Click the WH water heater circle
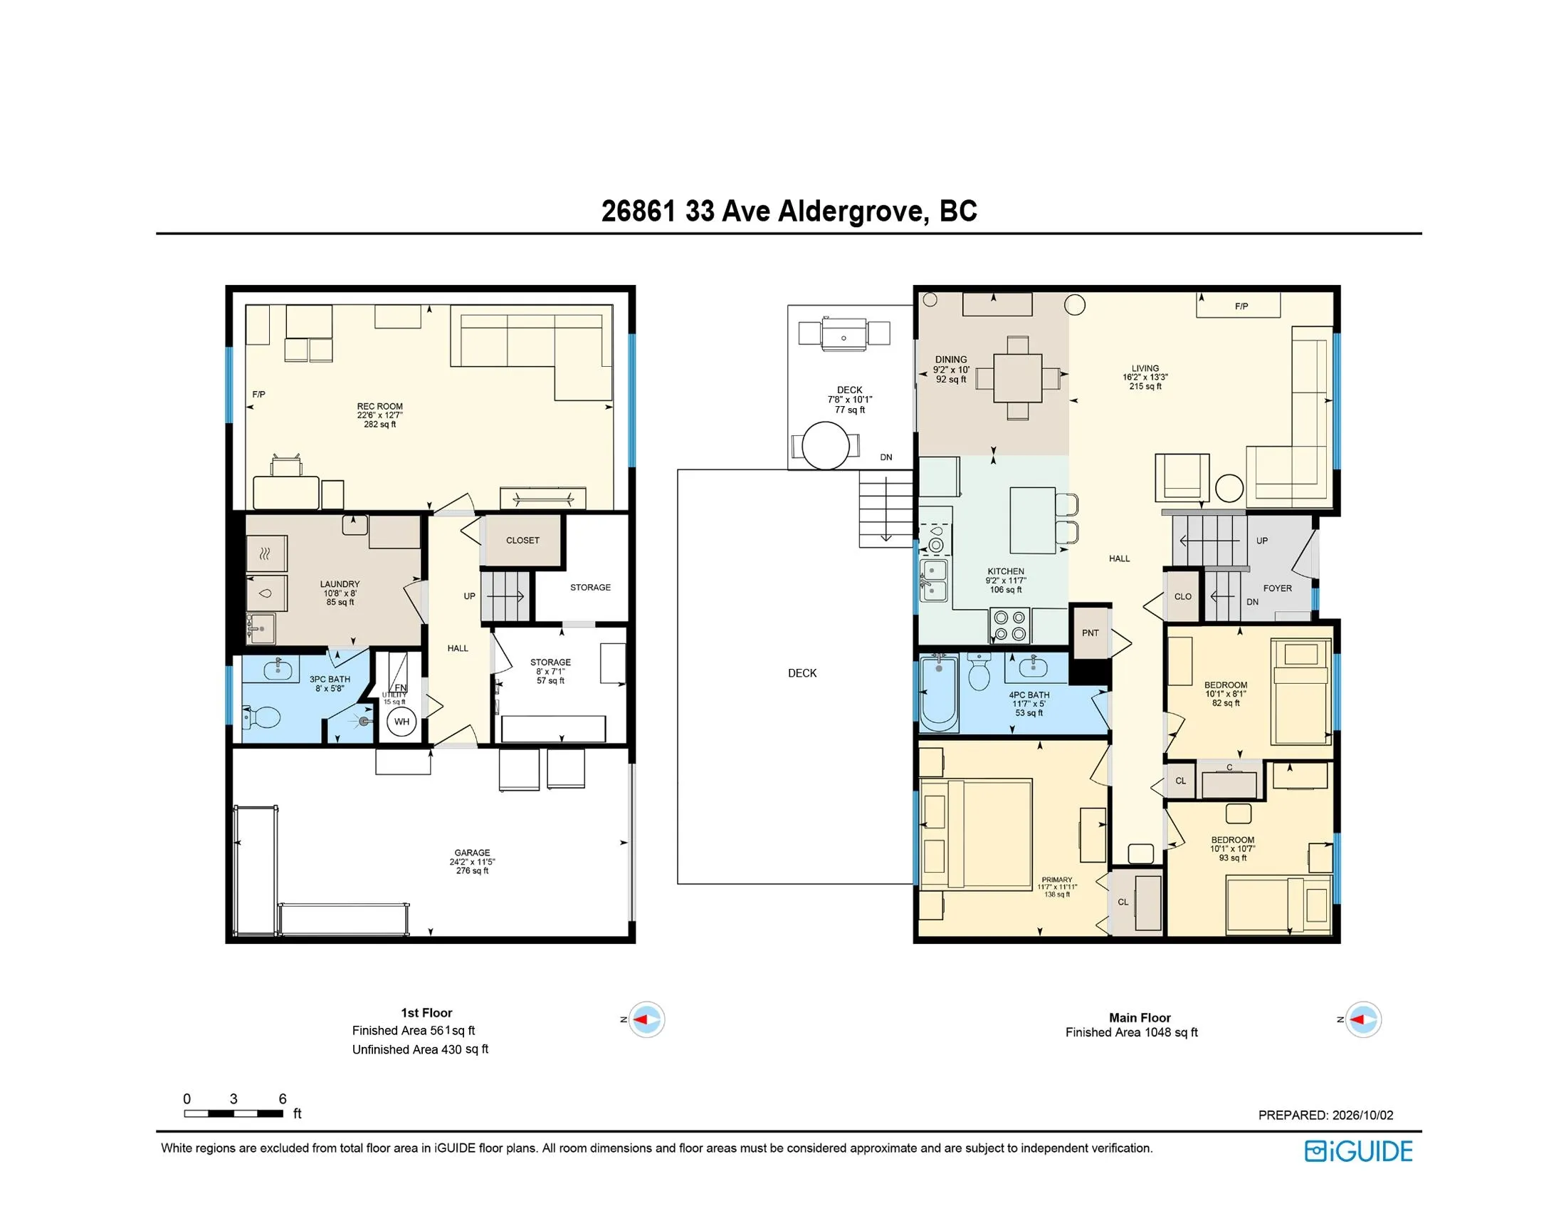[x=401, y=722]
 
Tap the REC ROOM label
[x=380, y=406]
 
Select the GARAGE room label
[x=472, y=853]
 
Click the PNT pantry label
[x=1090, y=633]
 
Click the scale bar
[x=233, y=1114]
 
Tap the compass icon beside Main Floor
[x=1362, y=1019]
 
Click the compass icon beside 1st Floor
[x=647, y=1019]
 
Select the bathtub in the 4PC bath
[x=939, y=692]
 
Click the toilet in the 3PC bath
[x=262, y=717]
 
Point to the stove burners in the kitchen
[x=1009, y=625]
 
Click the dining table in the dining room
[x=1017, y=378]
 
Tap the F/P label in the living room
[x=1241, y=306]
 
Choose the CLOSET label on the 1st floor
[x=522, y=540]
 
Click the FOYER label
[x=1277, y=588]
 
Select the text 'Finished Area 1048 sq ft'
[x=1132, y=1032]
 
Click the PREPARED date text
[x=1326, y=1116]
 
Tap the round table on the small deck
[x=825, y=445]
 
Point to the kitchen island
[x=1033, y=520]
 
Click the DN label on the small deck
[x=886, y=457]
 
